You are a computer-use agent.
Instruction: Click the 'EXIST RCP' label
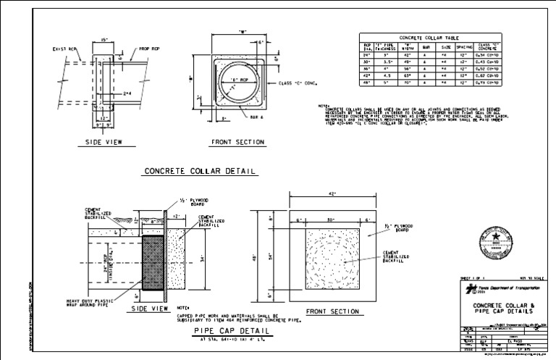pyautogui.click(x=64, y=49)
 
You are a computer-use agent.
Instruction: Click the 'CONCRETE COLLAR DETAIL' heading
pyautogui.click(x=200, y=171)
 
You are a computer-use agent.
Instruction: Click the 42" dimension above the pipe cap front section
pyautogui.click(x=331, y=194)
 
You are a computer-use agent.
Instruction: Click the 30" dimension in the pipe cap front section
pyautogui.click(x=330, y=220)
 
